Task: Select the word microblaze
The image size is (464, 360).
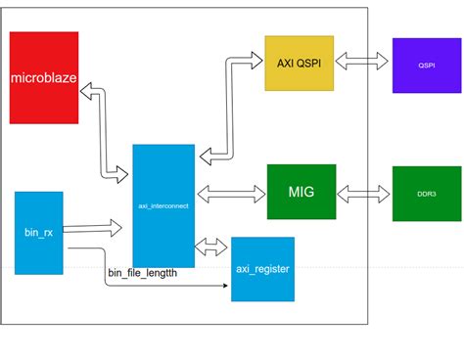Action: click(44, 77)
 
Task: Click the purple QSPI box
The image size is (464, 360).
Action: click(426, 66)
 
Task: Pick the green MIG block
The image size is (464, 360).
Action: click(301, 186)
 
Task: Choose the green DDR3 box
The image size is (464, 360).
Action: click(426, 193)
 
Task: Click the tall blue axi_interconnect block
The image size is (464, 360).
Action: click(163, 205)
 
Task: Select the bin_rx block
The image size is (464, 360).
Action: click(39, 233)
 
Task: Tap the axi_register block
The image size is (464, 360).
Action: click(261, 269)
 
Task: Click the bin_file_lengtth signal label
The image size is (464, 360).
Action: click(150, 273)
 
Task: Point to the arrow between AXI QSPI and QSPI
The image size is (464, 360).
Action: click(363, 61)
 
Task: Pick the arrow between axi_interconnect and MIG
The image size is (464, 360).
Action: click(231, 189)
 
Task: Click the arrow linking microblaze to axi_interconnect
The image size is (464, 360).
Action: click(103, 132)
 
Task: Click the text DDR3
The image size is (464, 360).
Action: click(426, 193)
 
